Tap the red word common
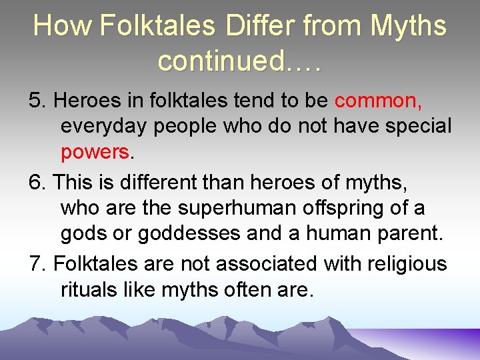pos(377,101)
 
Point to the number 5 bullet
pos(38,101)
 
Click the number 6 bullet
pos(38,182)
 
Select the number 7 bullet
pos(38,264)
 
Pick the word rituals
pos(94,290)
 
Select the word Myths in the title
pos(408,27)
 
